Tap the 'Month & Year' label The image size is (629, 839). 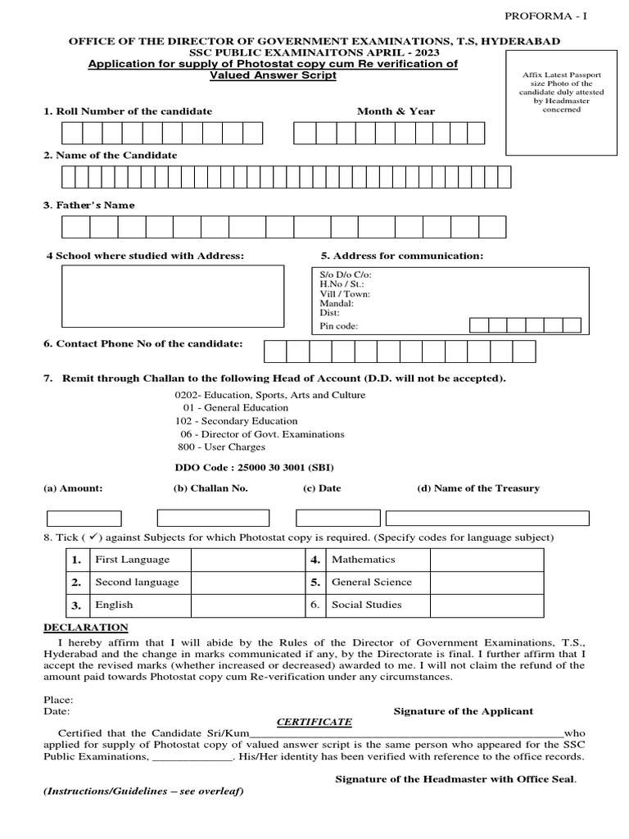pyautogui.click(x=396, y=111)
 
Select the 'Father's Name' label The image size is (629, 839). pyautogui.click(x=89, y=205)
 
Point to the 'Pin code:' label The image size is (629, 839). pyautogui.click(x=338, y=326)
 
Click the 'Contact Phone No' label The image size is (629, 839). pyautogui.click(x=143, y=344)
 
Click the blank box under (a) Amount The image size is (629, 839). pyautogui.click(x=84, y=519)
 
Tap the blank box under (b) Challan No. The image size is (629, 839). pyautogui.click(x=212, y=519)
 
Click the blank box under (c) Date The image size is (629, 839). pyautogui.click(x=337, y=519)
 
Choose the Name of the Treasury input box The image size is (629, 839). pyautogui.click(x=486, y=519)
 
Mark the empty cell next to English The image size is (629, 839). pyautogui.click(x=247, y=605)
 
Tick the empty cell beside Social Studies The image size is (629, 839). pyautogui.click(x=486, y=605)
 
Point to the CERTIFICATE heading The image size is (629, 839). pyautogui.click(x=314, y=722)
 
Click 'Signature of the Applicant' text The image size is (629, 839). pyautogui.click(x=463, y=711)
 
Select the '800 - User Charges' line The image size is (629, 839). pyautogui.click(x=221, y=447)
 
